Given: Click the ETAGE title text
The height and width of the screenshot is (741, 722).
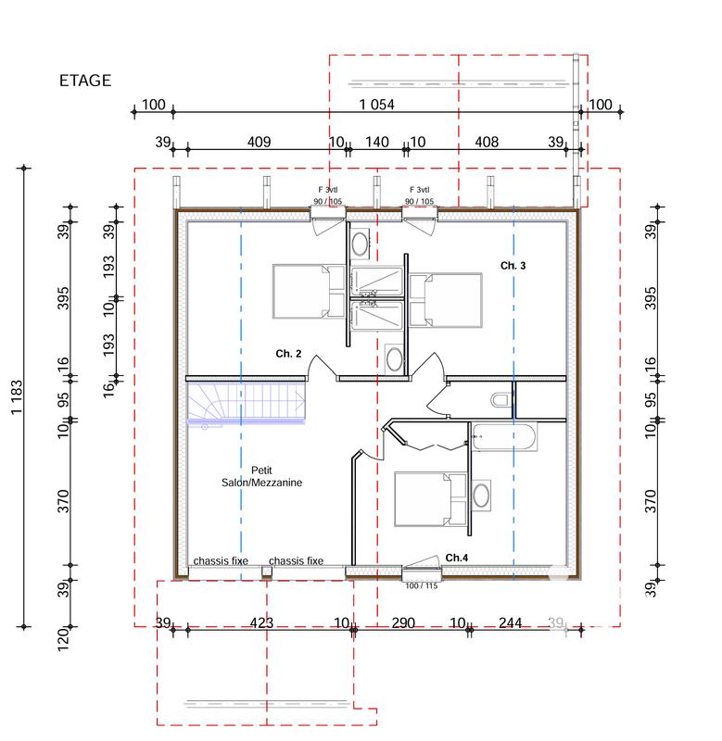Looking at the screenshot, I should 85,81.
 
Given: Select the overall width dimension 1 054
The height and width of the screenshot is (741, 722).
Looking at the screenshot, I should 376,105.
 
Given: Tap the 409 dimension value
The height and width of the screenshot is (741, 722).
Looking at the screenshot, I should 259,142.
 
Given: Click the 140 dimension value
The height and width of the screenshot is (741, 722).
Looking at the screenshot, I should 376,142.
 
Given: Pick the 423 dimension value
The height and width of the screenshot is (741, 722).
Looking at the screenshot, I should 261,623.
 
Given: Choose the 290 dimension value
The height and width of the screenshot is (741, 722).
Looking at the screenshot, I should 402,623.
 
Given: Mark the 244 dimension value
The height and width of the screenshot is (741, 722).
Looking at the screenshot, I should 510,623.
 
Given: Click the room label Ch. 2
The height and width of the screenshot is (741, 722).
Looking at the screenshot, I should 288,353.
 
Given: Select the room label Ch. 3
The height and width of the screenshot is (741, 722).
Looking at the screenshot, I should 513,266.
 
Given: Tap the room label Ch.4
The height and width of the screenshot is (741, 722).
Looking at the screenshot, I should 457,558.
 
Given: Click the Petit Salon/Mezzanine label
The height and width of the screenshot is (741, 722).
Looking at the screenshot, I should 261,476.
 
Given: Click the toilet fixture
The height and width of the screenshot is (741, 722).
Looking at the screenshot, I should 500,400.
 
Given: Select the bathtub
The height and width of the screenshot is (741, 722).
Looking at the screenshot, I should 504,437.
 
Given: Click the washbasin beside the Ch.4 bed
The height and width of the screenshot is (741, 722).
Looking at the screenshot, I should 482,495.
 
